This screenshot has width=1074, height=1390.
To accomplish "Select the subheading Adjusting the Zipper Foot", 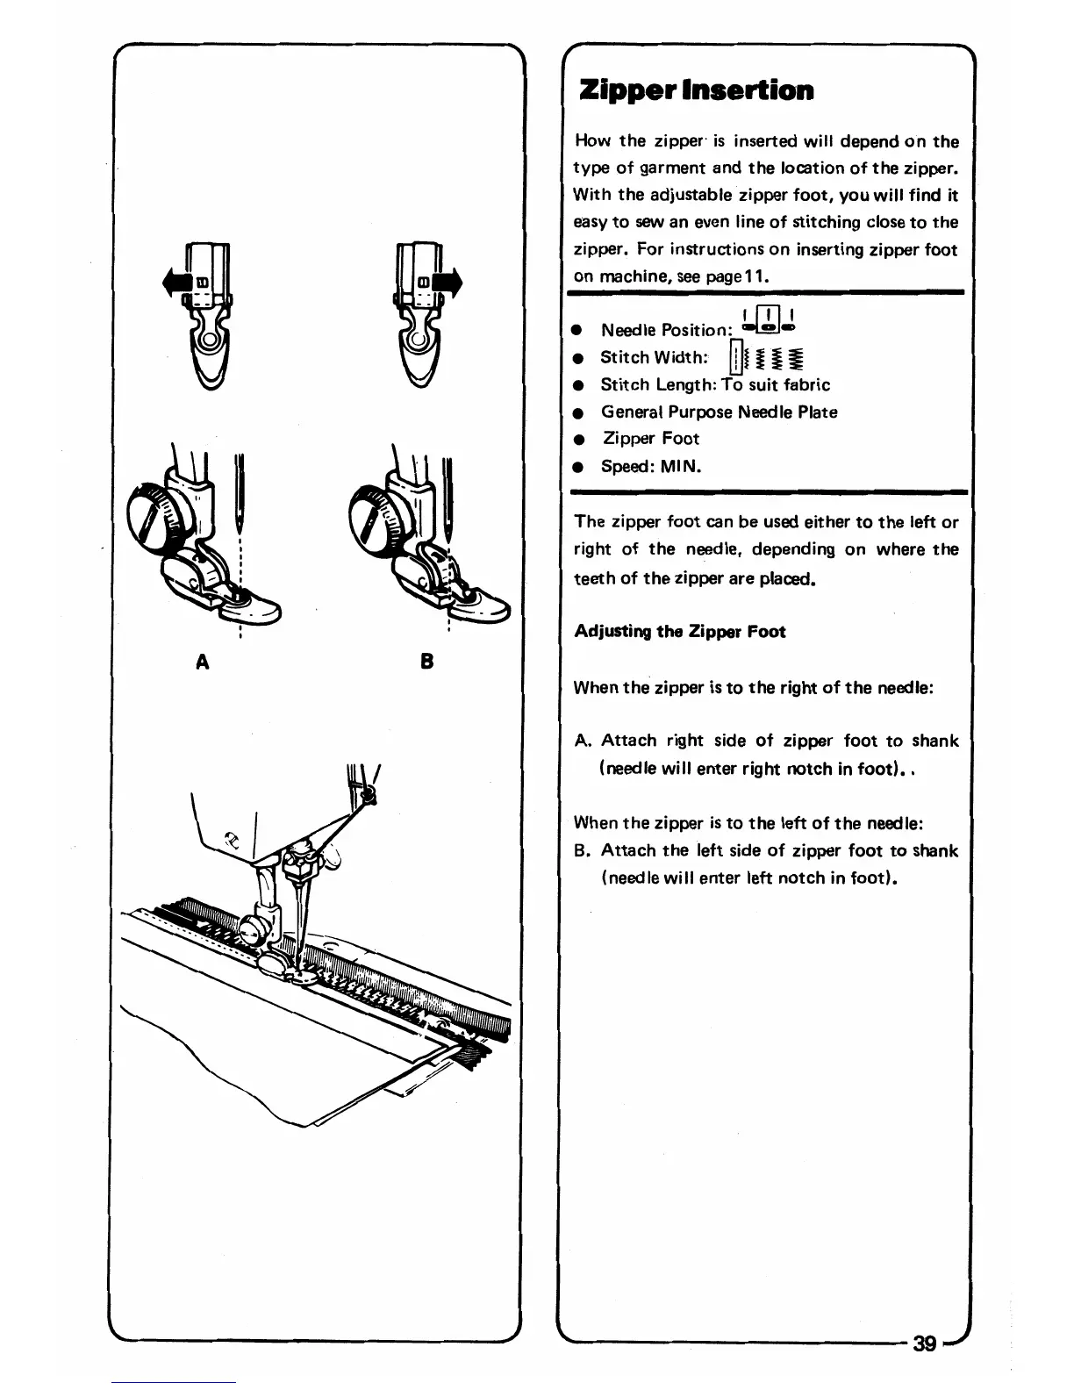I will (679, 632).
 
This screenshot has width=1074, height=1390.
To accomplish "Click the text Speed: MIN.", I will (650, 466).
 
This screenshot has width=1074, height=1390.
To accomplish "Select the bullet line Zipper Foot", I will (650, 439).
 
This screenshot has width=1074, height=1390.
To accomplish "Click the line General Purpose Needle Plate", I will (719, 412).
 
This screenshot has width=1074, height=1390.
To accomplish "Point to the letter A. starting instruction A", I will (583, 742).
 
